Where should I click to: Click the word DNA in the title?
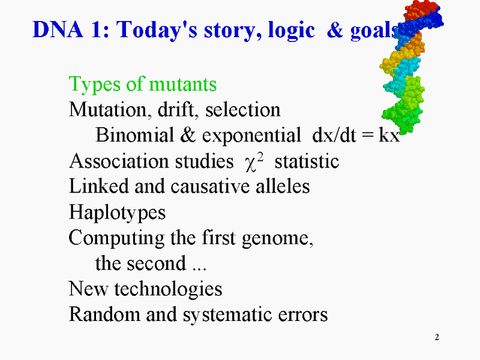[58, 29]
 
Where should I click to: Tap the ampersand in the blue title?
[335, 29]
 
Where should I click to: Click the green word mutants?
[183, 84]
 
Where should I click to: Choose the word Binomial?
[134, 134]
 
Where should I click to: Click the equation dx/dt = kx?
[356, 134]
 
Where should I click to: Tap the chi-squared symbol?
[254, 161]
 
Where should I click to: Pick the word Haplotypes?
[117, 213]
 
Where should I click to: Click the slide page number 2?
[437, 337]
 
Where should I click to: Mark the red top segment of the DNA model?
[421, 9]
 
